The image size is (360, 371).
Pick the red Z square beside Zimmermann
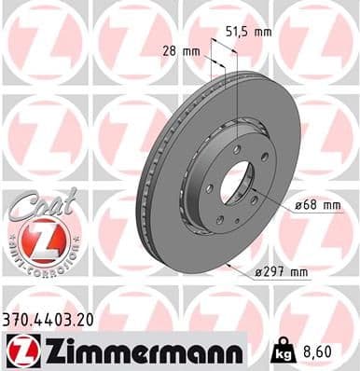[20, 350]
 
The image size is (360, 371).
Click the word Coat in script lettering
[35, 208]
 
